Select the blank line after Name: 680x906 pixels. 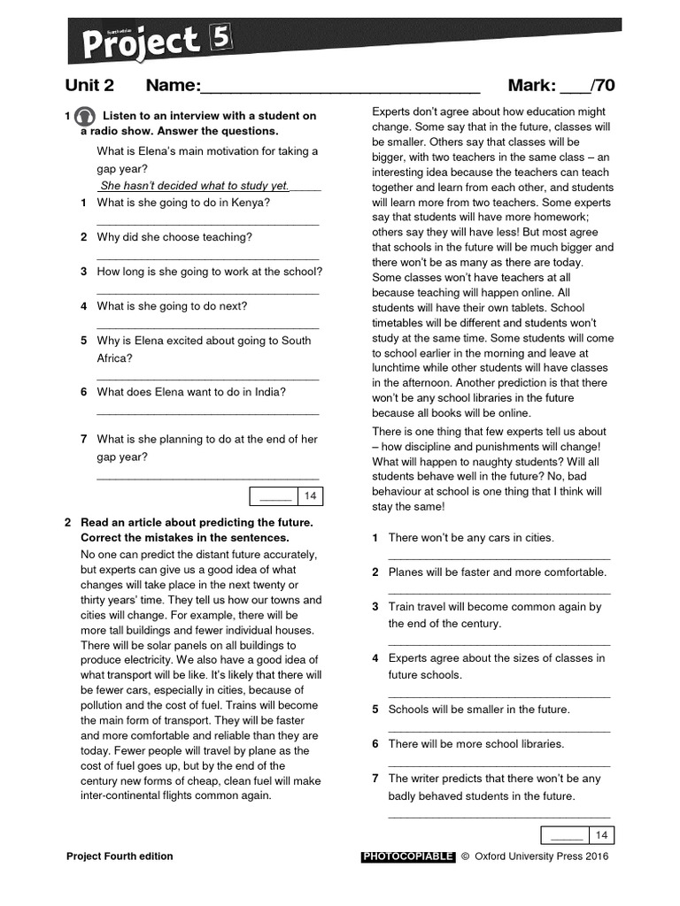pyautogui.click(x=341, y=88)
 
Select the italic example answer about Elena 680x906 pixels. pyautogui.click(x=195, y=186)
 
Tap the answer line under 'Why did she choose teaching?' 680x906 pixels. pyautogui.click(x=207, y=258)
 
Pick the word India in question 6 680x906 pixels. pyautogui.click(x=268, y=392)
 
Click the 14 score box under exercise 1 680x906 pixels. pyautogui.click(x=309, y=495)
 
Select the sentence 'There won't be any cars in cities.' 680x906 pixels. pyautogui.click(x=471, y=538)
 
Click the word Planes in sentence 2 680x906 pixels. pyautogui.click(x=406, y=572)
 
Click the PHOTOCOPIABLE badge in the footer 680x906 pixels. pyautogui.click(x=408, y=856)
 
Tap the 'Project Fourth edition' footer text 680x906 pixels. pyautogui.click(x=120, y=856)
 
